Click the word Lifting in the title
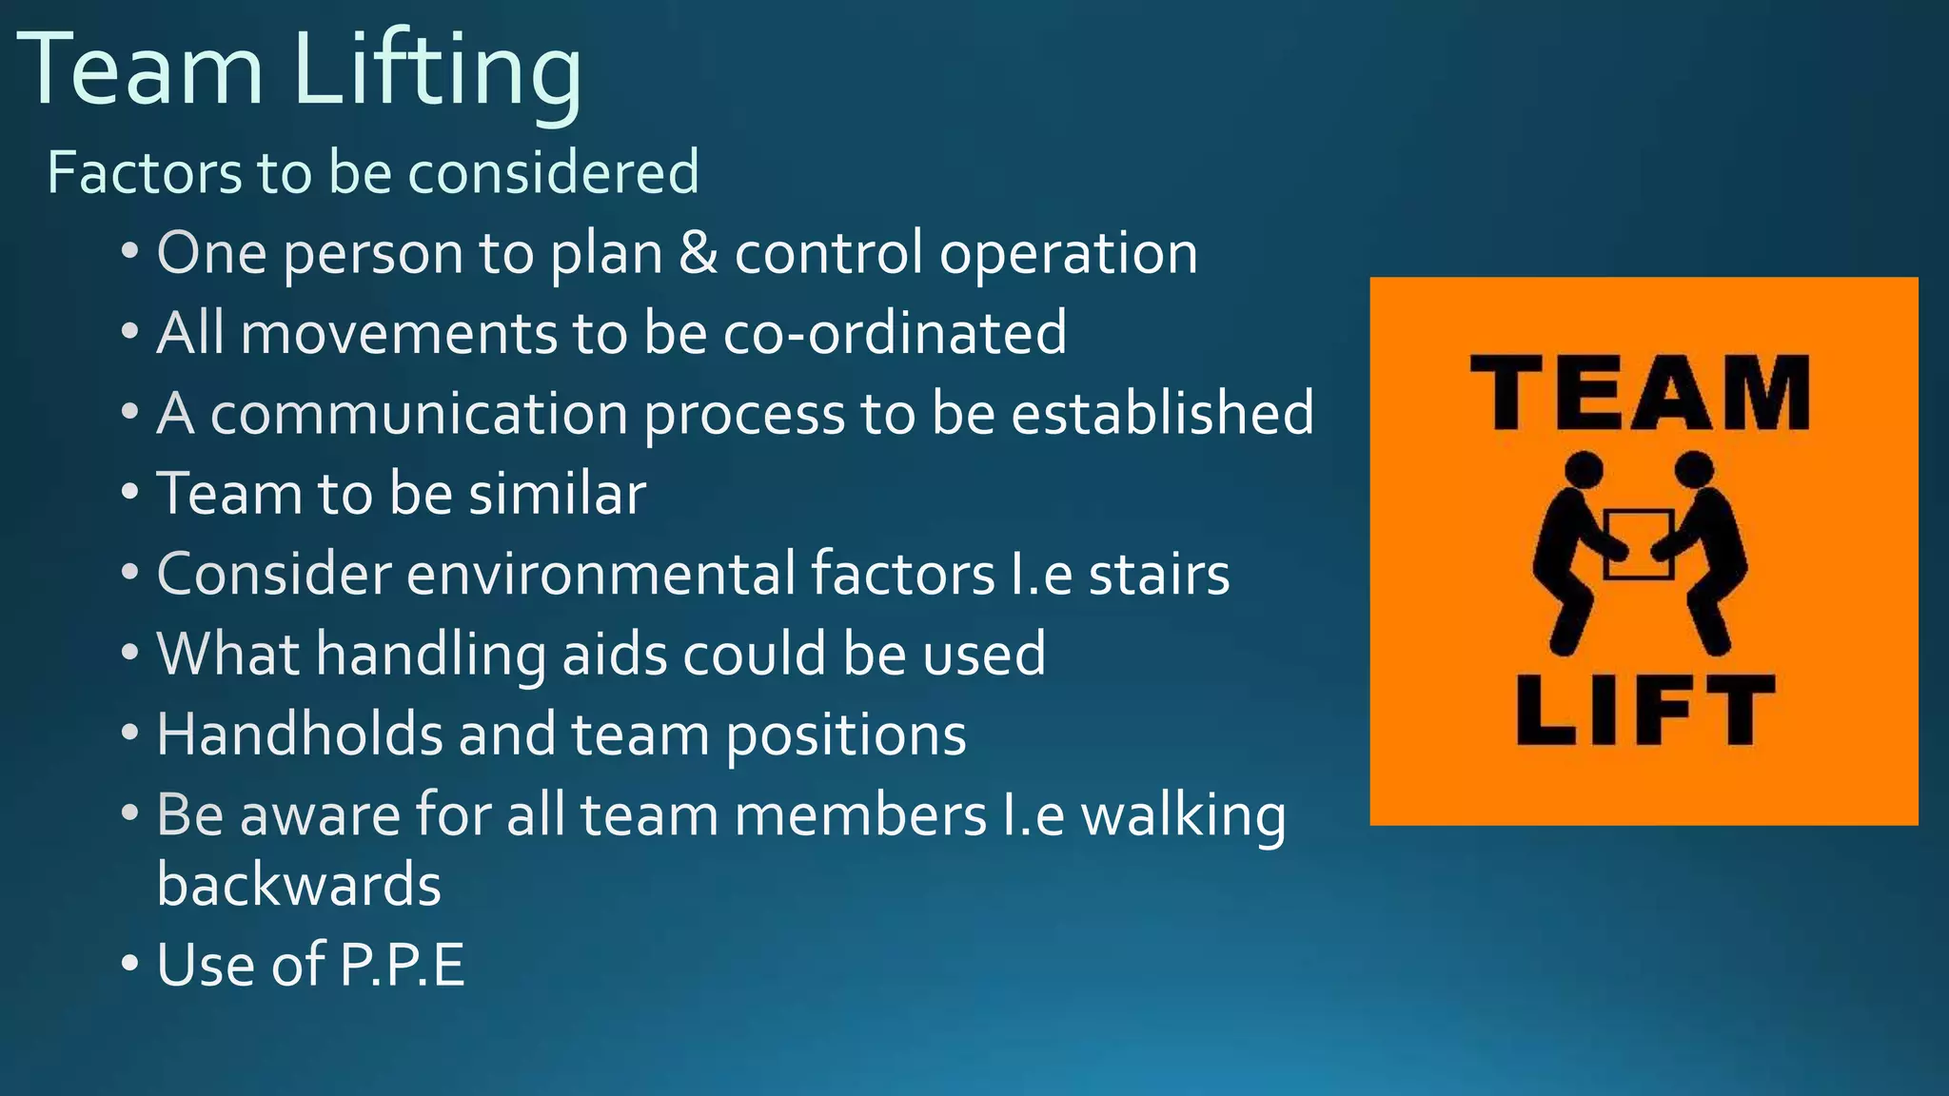(438, 72)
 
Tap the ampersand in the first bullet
(699, 254)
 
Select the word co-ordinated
(895, 333)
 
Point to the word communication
(420, 414)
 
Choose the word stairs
(1159, 575)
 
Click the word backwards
(299, 884)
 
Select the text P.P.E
(403, 965)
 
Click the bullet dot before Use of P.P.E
(130, 965)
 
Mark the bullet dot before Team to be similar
(130, 494)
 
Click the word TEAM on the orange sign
(1640, 393)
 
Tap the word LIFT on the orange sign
(1645, 710)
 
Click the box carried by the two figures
(1639, 544)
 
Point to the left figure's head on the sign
(1585, 469)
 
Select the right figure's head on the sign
(1695, 469)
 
